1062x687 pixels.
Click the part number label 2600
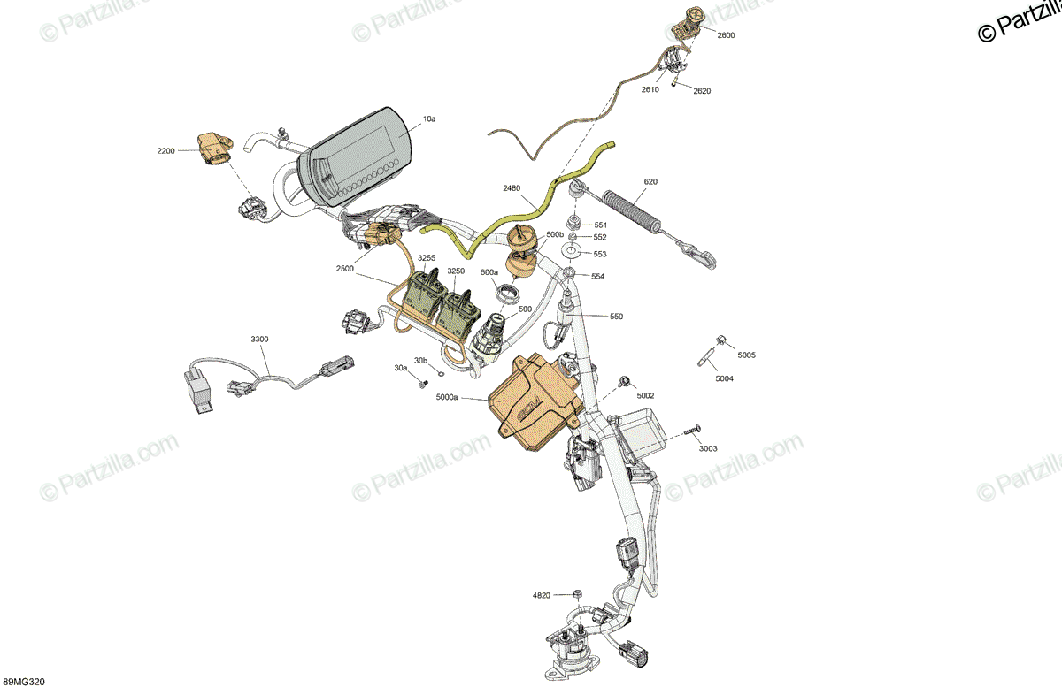pos(726,35)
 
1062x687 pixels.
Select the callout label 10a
pos(429,119)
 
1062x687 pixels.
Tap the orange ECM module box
pos(535,401)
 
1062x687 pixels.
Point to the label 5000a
pos(447,397)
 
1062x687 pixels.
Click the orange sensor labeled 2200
pos(215,149)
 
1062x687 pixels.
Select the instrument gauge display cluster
pos(357,156)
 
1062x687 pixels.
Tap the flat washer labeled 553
pos(572,249)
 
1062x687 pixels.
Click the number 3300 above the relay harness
pos(259,339)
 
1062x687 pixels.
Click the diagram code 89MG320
pos(22,682)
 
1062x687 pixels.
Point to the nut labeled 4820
pos(577,594)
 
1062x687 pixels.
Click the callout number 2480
pos(512,188)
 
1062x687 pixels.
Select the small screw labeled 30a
pos(423,384)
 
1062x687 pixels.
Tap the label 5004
pos(724,378)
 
